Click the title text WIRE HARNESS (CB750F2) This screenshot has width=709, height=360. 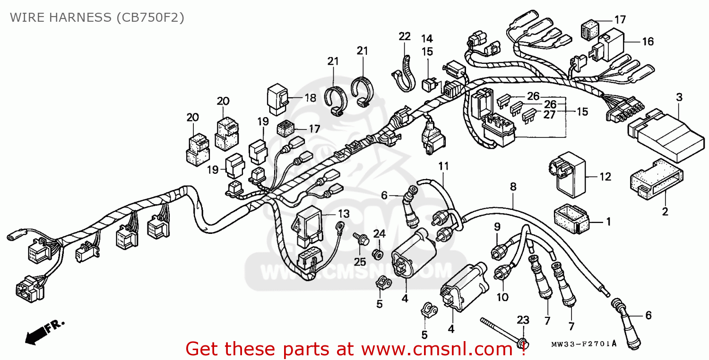(97, 17)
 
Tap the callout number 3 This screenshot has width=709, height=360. (679, 98)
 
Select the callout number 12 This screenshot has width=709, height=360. (605, 177)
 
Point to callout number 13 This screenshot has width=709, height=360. (344, 214)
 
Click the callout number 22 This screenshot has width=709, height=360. (405, 36)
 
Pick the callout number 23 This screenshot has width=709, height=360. (522, 320)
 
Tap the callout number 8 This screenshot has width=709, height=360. (513, 187)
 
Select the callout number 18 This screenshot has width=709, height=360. (310, 98)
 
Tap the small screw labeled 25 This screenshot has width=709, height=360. (361, 239)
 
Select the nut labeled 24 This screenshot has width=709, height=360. (378, 255)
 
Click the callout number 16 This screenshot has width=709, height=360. (648, 42)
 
